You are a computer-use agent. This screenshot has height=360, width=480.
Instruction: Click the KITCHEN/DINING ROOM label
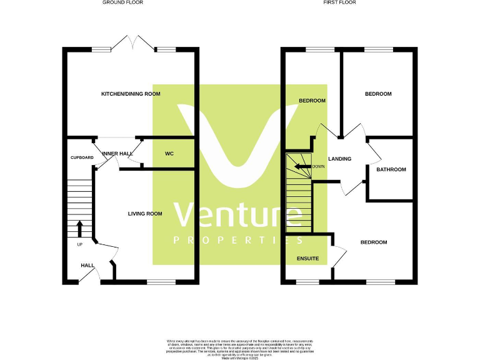point(131,94)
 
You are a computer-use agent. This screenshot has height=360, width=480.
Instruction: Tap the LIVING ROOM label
point(145,214)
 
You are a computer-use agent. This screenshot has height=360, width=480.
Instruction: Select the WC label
point(169,154)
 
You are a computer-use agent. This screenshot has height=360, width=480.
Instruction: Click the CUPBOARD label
point(81,157)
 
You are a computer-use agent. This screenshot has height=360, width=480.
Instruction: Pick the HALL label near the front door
point(87,266)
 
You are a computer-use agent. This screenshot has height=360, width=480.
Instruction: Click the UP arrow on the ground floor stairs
point(79,227)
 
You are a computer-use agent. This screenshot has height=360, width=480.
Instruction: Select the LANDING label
point(339,159)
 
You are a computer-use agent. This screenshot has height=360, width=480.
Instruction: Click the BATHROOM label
point(391,169)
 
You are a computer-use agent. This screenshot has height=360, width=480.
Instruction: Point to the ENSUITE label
point(307,258)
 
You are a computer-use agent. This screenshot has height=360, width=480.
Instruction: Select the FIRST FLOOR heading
point(340,2)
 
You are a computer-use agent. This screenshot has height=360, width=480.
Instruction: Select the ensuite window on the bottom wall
point(307,282)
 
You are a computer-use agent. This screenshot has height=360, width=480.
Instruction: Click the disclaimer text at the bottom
point(240,346)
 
